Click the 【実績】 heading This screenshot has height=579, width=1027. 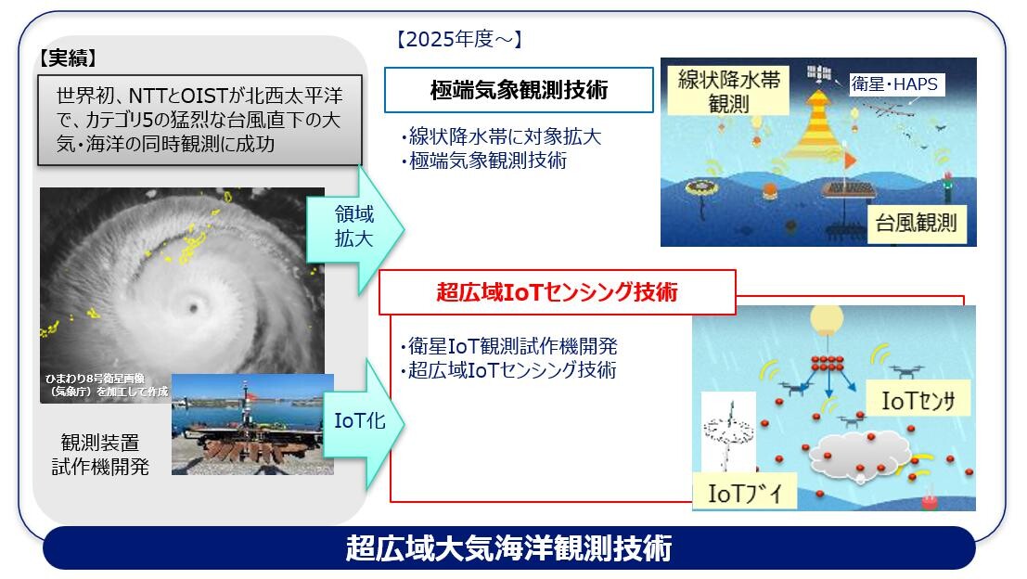tap(70, 58)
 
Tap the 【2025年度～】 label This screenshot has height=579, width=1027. tap(460, 39)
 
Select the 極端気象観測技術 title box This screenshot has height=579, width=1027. tap(519, 90)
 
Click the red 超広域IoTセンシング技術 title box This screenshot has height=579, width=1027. tap(557, 292)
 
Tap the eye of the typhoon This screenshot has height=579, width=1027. tap(194, 305)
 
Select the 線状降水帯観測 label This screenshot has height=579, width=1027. tap(731, 90)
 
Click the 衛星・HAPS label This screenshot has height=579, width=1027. tap(894, 84)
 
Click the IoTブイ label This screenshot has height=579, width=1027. tap(745, 493)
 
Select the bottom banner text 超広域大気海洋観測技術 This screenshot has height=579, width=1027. tap(508, 548)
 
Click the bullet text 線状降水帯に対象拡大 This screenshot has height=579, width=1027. tap(501, 137)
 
